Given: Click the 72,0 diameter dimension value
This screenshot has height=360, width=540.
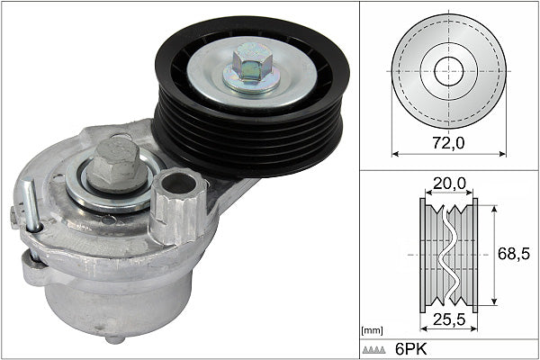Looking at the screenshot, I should [x=448, y=142].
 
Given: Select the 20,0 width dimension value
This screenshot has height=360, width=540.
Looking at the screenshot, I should [x=448, y=184].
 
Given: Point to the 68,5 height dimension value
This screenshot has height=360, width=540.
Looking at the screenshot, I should [x=514, y=255].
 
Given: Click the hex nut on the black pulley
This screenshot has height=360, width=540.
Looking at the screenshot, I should [x=253, y=68].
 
